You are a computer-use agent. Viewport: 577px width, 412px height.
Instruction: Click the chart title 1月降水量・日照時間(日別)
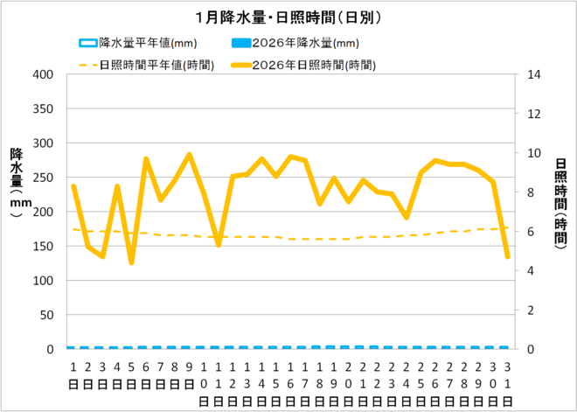click(x=288, y=17)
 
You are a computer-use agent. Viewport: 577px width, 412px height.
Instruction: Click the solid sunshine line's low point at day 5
click(x=131, y=262)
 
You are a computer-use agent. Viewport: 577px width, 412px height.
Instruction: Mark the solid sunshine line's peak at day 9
click(x=189, y=155)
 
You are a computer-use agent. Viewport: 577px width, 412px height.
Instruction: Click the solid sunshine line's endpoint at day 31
click(x=507, y=256)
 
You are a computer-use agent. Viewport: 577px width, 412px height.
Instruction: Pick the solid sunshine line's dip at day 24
click(x=406, y=217)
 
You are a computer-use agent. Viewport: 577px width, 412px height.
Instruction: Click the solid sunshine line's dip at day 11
click(x=218, y=245)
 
